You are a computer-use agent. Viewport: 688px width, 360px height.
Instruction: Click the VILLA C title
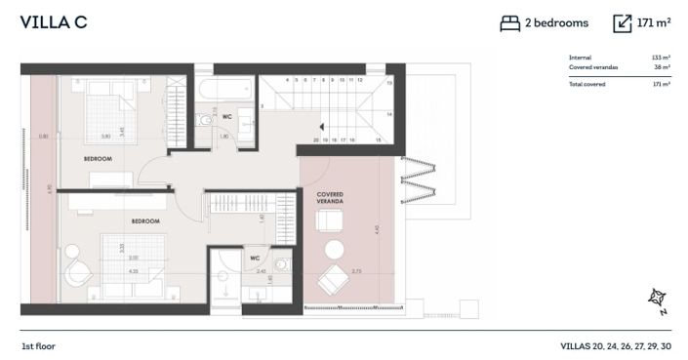click(x=54, y=22)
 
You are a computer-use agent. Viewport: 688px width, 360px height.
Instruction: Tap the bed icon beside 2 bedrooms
click(x=509, y=23)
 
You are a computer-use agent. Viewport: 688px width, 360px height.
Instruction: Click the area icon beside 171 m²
click(x=623, y=23)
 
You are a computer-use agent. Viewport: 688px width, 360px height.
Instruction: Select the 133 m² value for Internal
click(x=661, y=58)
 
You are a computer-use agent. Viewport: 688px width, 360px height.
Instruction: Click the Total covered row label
click(x=587, y=84)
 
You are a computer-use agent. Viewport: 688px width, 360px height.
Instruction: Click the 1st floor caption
click(x=40, y=346)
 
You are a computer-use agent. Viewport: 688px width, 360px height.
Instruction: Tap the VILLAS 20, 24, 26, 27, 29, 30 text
click(x=616, y=346)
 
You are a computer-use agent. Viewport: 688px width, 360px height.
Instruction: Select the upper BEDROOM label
click(x=97, y=158)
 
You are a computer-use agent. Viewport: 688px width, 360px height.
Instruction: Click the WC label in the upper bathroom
click(x=226, y=117)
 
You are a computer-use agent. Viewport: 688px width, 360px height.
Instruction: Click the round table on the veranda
click(x=335, y=248)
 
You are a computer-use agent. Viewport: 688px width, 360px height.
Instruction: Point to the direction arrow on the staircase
click(x=319, y=126)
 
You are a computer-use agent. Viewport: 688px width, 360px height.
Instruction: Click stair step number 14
click(x=389, y=114)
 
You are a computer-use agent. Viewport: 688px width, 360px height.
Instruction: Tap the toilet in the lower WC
click(x=283, y=264)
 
